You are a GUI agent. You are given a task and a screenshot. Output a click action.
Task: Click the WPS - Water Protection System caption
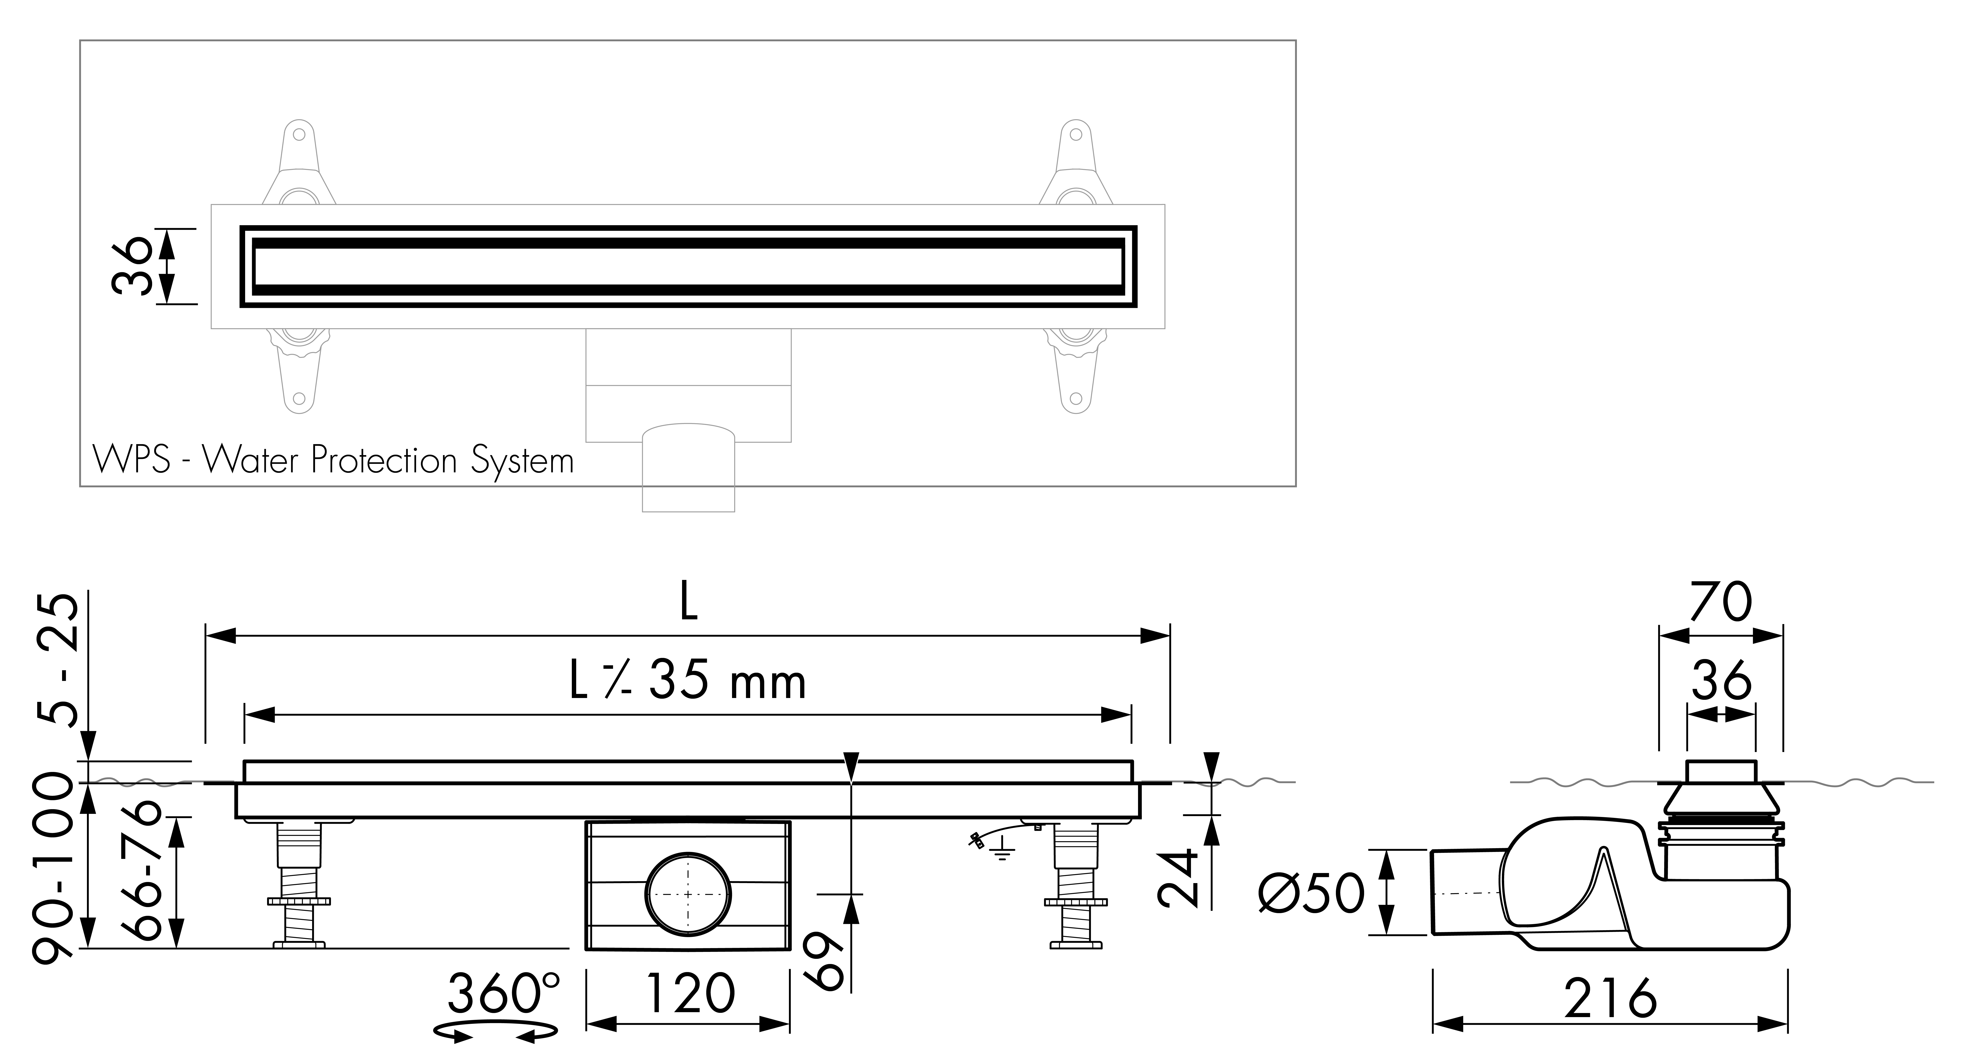(x=333, y=460)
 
